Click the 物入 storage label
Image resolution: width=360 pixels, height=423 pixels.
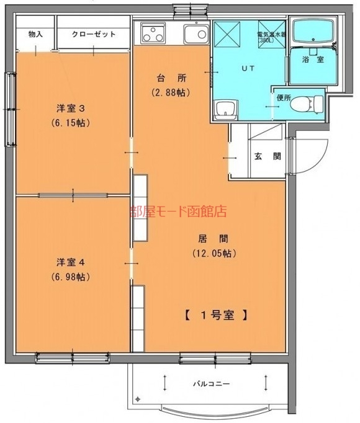pyautogui.click(x=35, y=34)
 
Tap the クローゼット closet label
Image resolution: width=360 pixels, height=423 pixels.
pyautogui.click(x=94, y=34)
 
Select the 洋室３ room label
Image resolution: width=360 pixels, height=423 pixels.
pyautogui.click(x=71, y=109)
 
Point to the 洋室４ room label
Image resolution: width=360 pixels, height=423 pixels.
pyautogui.click(x=71, y=262)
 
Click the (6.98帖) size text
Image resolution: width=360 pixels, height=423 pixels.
pyautogui.click(x=71, y=277)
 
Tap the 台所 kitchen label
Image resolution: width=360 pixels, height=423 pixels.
pyautogui.click(x=172, y=78)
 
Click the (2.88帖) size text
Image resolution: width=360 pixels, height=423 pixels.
pyautogui.click(x=171, y=92)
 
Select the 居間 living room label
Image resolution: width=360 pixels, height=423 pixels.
pyautogui.click(x=213, y=239)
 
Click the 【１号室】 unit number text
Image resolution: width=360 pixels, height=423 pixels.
pyautogui.click(x=216, y=315)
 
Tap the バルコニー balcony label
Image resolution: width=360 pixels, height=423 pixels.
pyautogui.click(x=211, y=383)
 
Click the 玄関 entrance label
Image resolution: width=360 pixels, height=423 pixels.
pyautogui.click(x=268, y=156)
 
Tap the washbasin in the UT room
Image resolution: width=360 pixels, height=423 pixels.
pyautogui.click(x=225, y=110)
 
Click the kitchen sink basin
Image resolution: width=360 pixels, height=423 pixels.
pyautogui.click(x=196, y=33)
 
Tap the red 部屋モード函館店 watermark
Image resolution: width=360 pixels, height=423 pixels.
pyautogui.click(x=178, y=211)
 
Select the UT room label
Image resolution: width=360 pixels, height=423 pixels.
pyautogui.click(x=248, y=68)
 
